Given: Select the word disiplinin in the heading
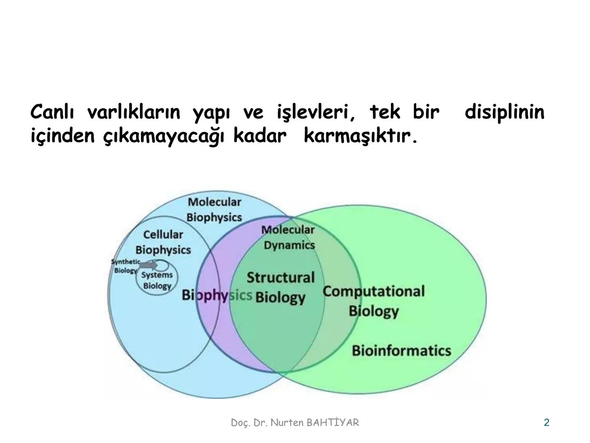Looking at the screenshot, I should tap(504, 112).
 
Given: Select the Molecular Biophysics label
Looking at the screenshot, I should tap(214, 210).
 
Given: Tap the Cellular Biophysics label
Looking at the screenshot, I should tap(163, 242).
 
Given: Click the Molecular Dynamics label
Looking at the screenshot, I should tap(288, 237).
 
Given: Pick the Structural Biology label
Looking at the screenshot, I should tap(281, 287).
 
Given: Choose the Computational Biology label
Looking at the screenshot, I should tap(373, 301).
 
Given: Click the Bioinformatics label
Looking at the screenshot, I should tap(401, 351).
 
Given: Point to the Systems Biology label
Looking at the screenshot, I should tap(157, 281).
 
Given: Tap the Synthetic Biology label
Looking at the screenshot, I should tap(125, 266).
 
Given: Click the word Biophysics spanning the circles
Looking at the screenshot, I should tap(216, 295).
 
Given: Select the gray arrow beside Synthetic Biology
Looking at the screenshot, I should tap(147, 265).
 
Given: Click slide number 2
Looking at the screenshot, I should tap(546, 422).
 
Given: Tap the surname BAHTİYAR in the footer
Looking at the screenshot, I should tap(333, 422).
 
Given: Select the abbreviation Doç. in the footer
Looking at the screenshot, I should tap(241, 423).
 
